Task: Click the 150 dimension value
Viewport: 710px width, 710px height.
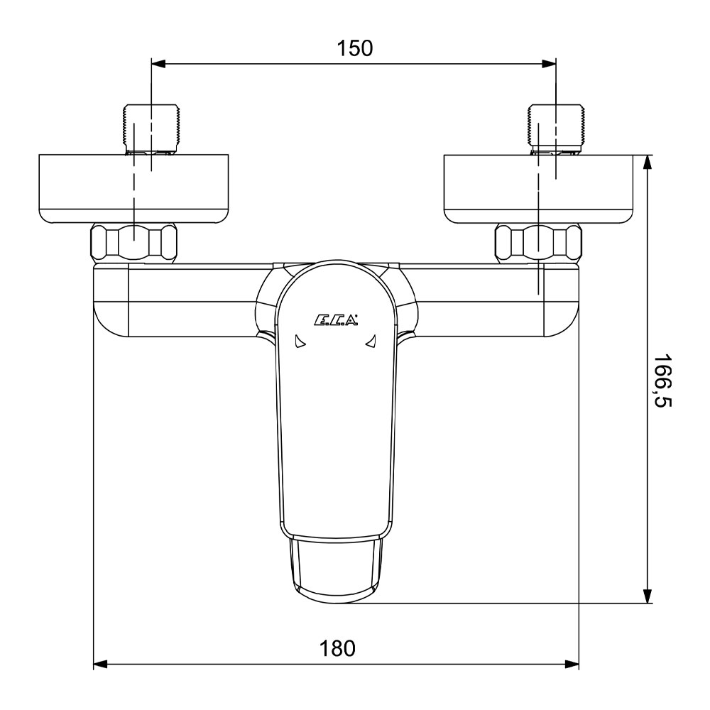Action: coord(354,48)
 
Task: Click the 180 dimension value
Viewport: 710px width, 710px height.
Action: coord(337,648)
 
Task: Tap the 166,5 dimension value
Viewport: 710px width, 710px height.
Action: coord(662,381)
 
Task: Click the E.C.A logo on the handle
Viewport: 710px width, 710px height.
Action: coord(336,320)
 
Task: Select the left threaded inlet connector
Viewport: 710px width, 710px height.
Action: coord(152,129)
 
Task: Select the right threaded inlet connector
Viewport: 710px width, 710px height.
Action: coord(557,129)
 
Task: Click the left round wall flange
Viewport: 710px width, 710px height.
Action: coord(133,189)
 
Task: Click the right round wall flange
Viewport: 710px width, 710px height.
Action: coord(539,189)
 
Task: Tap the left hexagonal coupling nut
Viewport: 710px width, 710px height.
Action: coord(134,243)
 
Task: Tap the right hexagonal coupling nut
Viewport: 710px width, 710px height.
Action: coord(538,243)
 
